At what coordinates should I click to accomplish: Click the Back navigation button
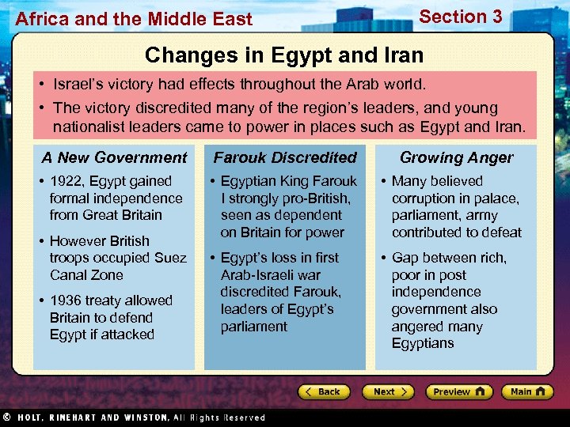[x=324, y=391]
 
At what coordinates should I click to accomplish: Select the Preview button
[x=458, y=391]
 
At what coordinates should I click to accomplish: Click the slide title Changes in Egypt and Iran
[x=284, y=55]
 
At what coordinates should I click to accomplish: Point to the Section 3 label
[x=460, y=17]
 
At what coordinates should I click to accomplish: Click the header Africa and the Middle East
[x=134, y=19]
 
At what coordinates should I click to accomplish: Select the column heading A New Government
[x=114, y=157]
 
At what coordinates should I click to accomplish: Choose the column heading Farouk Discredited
[x=285, y=157]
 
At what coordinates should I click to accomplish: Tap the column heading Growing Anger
[x=456, y=157]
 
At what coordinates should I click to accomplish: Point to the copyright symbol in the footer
[x=6, y=418]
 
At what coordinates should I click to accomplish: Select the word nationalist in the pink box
[x=89, y=127]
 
